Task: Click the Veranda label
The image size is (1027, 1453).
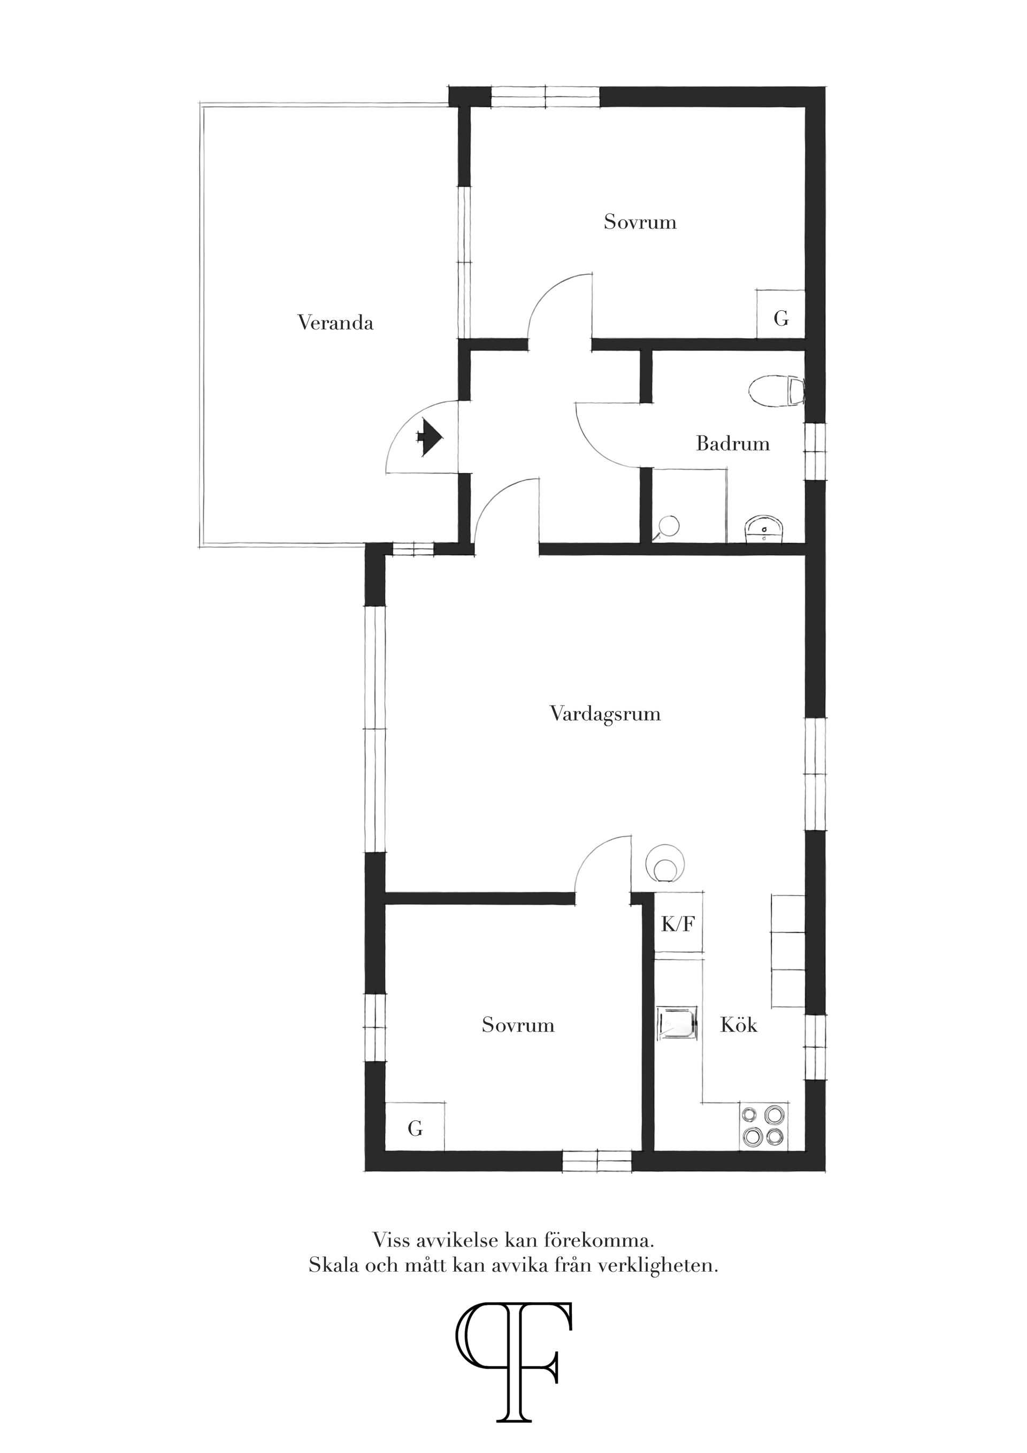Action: click(x=335, y=323)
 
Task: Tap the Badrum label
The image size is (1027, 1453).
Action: click(x=733, y=443)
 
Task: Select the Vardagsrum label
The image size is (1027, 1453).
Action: click(x=605, y=714)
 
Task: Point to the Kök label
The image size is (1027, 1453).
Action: click(x=739, y=1024)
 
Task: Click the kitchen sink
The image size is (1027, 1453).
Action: click(x=678, y=1023)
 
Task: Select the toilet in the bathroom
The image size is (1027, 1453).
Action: click(x=777, y=391)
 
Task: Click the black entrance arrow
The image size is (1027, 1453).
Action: click(x=429, y=437)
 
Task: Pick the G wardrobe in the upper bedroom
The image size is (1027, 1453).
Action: click(x=781, y=314)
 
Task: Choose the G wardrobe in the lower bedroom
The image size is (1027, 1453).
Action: click(x=415, y=1127)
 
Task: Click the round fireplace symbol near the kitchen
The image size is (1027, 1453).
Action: click(x=664, y=862)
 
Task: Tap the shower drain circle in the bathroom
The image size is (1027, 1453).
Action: click(x=668, y=525)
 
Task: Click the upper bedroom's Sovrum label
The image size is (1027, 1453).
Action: click(x=640, y=222)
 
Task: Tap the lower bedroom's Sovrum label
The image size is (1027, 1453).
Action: click(x=518, y=1024)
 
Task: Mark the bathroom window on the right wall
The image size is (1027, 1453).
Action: click(x=815, y=452)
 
